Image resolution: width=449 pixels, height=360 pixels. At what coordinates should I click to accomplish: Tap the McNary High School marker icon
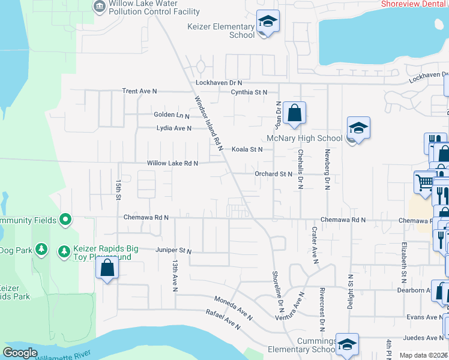(x=358, y=128)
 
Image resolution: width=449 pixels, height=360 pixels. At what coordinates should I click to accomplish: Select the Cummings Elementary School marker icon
(x=347, y=345)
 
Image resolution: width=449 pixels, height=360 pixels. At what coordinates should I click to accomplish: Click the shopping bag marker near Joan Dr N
(x=295, y=113)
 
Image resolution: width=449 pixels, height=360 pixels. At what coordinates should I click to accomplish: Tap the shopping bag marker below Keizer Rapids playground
(x=107, y=268)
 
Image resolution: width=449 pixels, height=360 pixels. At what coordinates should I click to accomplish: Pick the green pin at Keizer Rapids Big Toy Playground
(x=64, y=249)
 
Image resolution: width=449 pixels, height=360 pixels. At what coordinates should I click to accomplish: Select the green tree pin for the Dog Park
(x=41, y=248)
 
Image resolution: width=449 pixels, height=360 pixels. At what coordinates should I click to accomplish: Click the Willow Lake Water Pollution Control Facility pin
(x=98, y=7)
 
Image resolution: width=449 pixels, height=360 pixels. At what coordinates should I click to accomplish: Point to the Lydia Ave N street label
(x=173, y=128)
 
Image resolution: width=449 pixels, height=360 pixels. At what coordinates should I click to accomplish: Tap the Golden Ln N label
(x=171, y=115)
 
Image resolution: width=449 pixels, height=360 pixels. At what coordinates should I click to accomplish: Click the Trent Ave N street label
(x=139, y=91)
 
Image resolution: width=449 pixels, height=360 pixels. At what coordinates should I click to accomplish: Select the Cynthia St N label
(x=249, y=92)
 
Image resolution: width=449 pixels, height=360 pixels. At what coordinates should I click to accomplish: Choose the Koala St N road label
(x=247, y=149)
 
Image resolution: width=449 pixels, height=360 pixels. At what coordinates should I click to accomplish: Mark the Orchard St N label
(x=273, y=174)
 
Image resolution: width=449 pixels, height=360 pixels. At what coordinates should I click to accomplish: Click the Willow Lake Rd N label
(x=173, y=163)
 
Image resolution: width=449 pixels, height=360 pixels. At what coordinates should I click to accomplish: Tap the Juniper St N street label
(x=173, y=251)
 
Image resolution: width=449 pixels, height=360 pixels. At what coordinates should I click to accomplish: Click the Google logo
(x=20, y=353)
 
